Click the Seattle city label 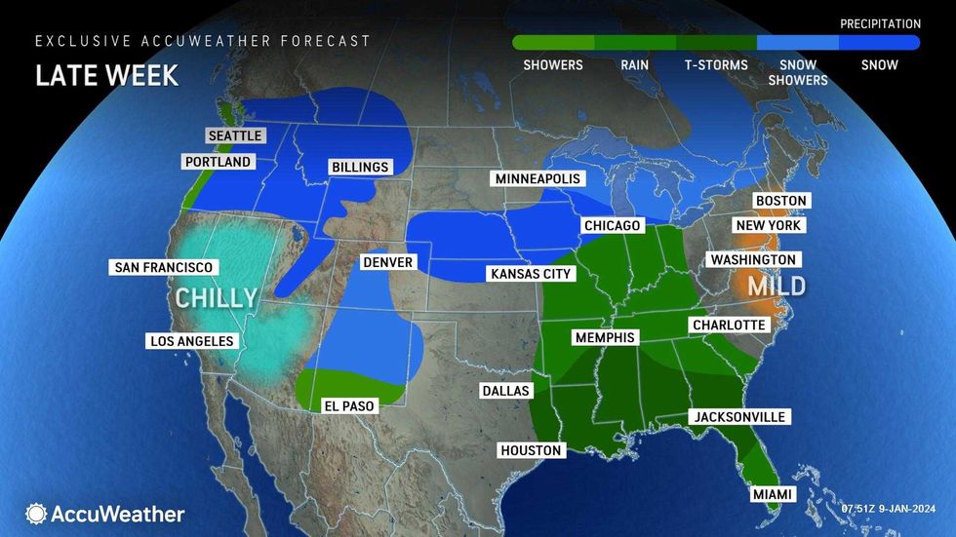[235, 135]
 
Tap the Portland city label [217, 162]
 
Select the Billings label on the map [359, 167]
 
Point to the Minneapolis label [538, 179]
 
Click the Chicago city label [612, 226]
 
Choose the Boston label [781, 201]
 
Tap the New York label [770, 225]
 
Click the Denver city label [388, 262]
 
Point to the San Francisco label [163, 267]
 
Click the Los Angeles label [191, 341]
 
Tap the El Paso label [349, 406]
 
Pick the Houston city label [531, 450]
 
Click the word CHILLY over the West [217, 297]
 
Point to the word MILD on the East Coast [777, 286]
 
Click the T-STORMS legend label [716, 65]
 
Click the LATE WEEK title [107, 76]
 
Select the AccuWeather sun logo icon [37, 514]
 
